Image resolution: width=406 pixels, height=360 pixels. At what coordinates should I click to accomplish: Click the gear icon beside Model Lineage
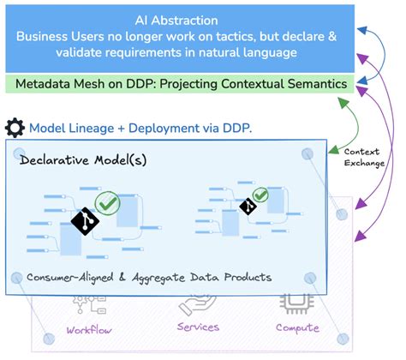click(15, 129)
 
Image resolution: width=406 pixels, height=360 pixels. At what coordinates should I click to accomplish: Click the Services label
click(198, 327)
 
